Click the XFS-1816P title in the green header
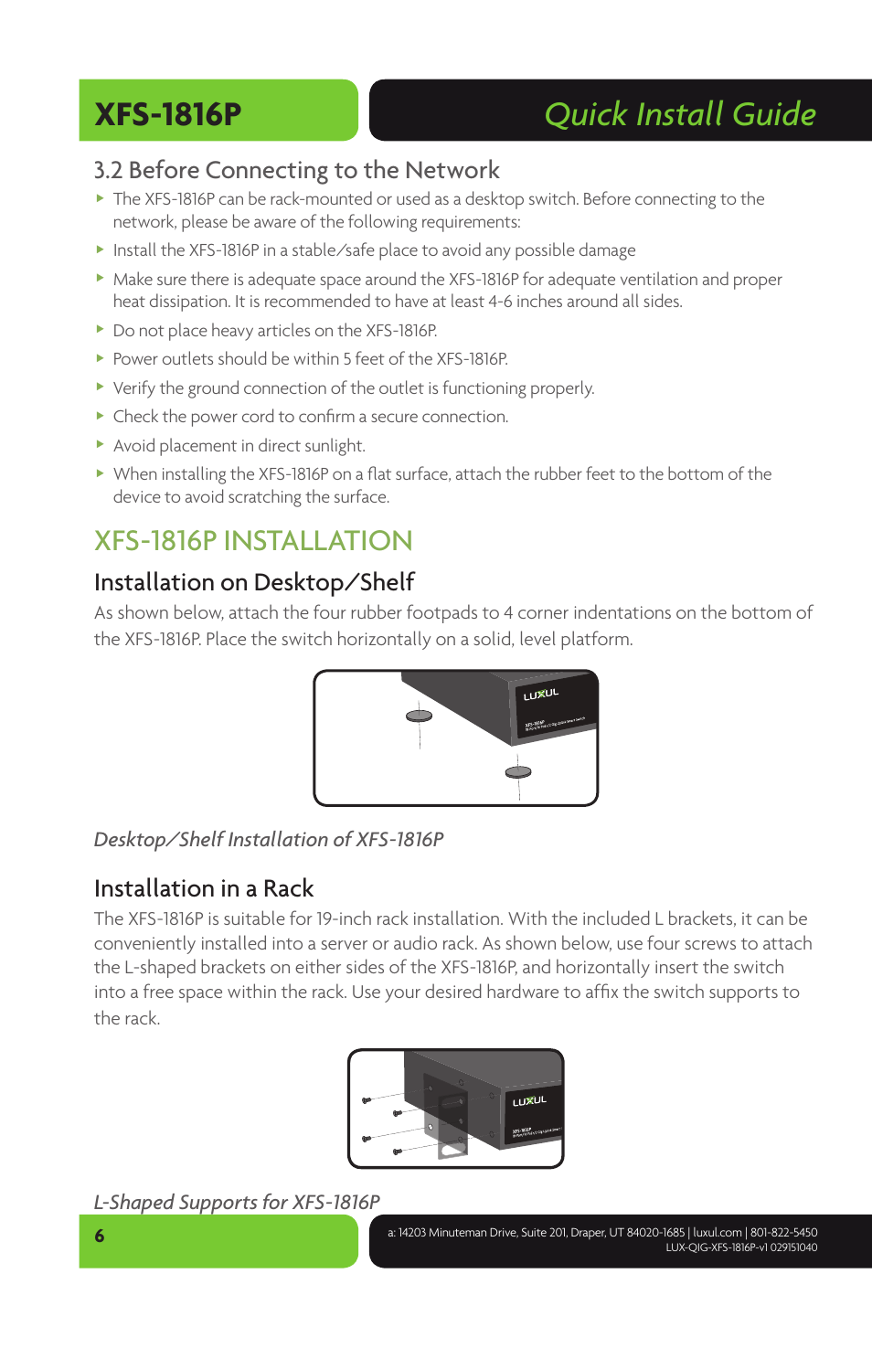tap(168, 114)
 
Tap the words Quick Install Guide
tap(679, 114)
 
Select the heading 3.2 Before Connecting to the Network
tap(296, 170)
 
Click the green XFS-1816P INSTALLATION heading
tap(253, 540)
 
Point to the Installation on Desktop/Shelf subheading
tap(254, 582)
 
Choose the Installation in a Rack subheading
tap(204, 888)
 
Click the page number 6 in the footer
tap(100, 1236)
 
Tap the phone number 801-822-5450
tap(783, 1233)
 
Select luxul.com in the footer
tap(717, 1233)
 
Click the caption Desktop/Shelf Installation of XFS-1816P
tap(269, 839)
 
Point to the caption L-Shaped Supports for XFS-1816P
tap(237, 1202)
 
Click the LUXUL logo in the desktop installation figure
tap(540, 695)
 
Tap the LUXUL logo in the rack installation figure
tap(529, 1101)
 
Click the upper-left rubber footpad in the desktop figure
tap(419, 716)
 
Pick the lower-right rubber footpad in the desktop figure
tap(518, 772)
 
